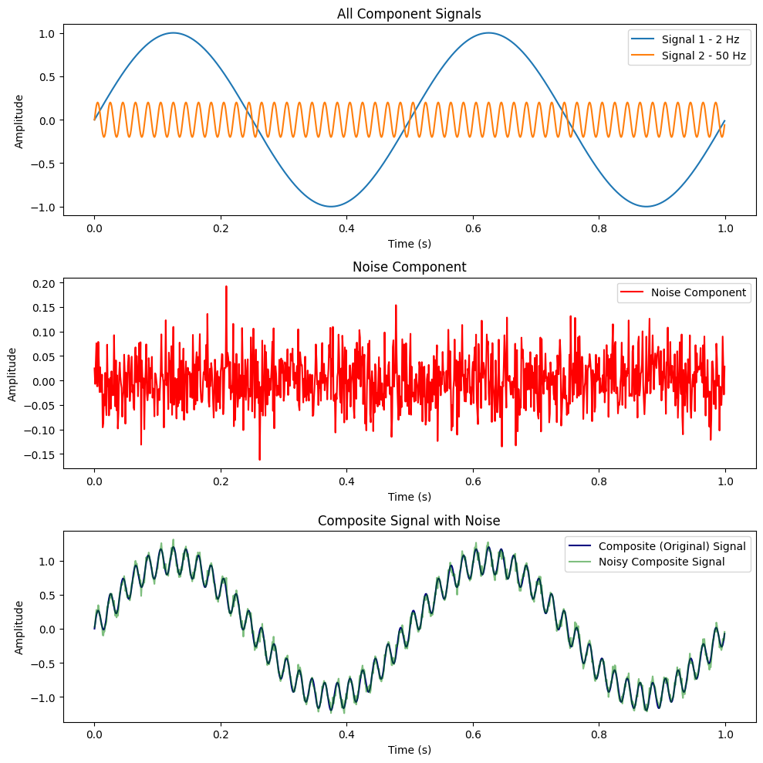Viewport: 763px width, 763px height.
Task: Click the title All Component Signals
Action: [x=409, y=13]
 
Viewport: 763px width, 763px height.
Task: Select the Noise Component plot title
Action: [x=409, y=267]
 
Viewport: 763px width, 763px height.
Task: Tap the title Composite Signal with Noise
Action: [x=409, y=521]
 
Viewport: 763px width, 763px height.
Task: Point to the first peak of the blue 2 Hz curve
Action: [x=174, y=33]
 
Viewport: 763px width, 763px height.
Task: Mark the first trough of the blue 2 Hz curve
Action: [x=331, y=206]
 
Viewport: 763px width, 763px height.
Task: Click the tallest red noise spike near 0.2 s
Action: [x=226, y=287]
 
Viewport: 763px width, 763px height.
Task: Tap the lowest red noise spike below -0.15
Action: [x=259, y=460]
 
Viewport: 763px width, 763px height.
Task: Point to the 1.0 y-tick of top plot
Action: [x=46, y=33]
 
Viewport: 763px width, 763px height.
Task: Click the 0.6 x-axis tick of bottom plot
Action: [x=472, y=734]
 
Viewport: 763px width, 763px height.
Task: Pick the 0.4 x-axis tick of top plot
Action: [x=346, y=228]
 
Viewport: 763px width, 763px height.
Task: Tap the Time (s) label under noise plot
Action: [x=409, y=497]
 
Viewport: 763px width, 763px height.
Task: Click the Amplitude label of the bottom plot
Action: [x=19, y=627]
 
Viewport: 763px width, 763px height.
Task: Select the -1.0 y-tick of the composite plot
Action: [x=43, y=697]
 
